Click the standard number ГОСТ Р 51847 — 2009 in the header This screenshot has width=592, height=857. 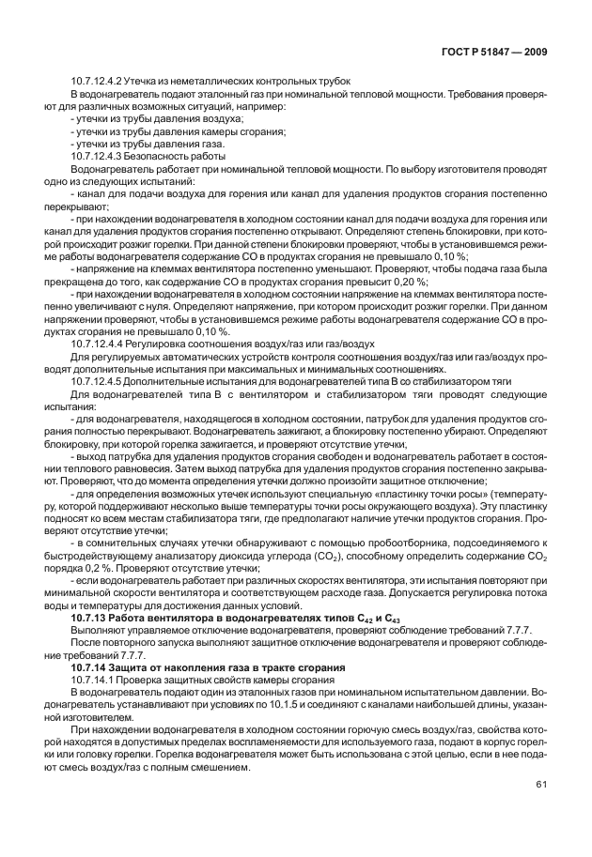tap(496, 53)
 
